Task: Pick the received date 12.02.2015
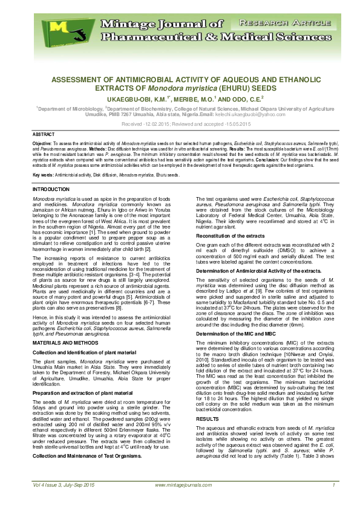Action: click(158, 123)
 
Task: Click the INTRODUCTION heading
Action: click(53, 190)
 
